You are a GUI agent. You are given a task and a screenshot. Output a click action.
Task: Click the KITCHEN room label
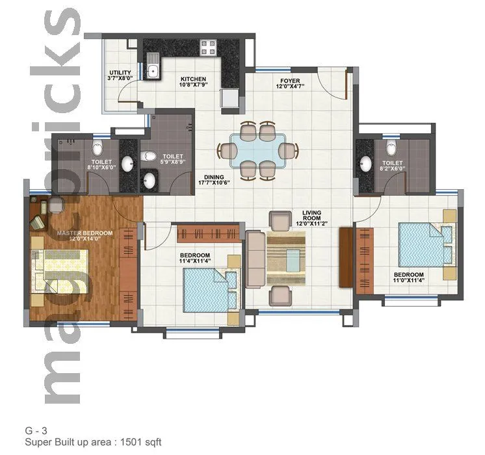[193, 79]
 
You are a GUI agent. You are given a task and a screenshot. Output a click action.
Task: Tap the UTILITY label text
[120, 73]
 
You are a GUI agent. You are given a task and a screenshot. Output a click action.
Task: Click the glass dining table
[258, 151]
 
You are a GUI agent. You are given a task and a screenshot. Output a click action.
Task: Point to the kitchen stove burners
[208, 47]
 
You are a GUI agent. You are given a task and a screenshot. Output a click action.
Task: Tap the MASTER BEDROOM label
[85, 233]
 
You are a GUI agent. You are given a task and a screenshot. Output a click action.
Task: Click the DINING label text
[214, 175]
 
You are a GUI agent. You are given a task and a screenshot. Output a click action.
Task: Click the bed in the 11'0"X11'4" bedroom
[426, 244]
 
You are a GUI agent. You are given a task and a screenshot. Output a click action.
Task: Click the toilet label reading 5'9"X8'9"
[173, 160]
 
